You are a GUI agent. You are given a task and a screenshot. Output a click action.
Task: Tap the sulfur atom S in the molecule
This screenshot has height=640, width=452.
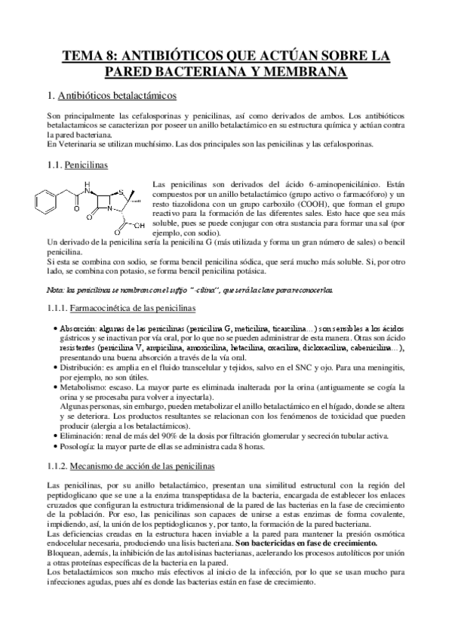(x=110, y=183)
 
